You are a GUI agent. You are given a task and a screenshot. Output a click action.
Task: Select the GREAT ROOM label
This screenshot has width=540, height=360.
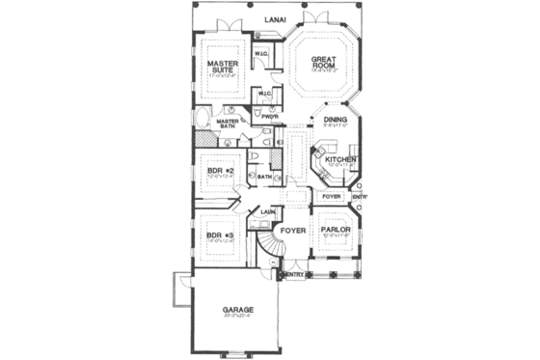322,65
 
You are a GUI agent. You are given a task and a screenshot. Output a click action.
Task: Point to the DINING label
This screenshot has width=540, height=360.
334,120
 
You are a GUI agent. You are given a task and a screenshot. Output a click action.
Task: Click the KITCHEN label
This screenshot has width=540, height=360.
340,158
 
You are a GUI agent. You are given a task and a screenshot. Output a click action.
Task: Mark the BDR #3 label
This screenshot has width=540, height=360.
221,235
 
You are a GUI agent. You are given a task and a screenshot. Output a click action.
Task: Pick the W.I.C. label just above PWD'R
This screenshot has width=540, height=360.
264,94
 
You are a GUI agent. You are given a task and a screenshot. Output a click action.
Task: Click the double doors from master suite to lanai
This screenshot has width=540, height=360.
228,26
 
